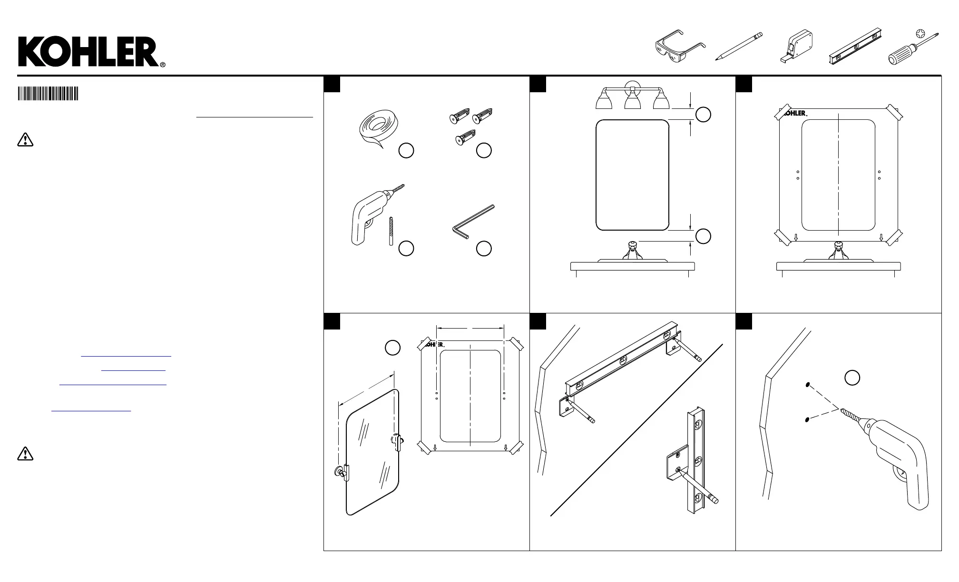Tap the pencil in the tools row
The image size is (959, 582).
coord(739,46)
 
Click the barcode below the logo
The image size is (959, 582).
coord(48,93)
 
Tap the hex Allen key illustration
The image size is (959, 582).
coord(472,221)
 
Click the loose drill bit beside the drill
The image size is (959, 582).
coord(391,231)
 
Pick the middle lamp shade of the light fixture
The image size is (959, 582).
coord(632,101)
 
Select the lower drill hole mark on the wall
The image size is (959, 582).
coord(808,419)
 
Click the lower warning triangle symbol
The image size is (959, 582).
coord(25,454)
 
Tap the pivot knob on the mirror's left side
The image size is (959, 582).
coord(339,472)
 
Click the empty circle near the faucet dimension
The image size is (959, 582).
coord(703,236)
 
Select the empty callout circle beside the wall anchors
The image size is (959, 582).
coord(484,150)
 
